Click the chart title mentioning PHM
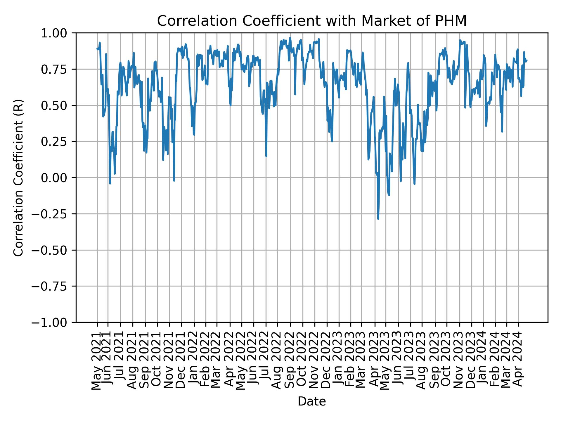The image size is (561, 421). pyautogui.click(x=312, y=21)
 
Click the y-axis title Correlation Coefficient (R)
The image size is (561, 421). pyautogui.click(x=18, y=177)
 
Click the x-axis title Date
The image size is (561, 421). pyautogui.click(x=312, y=401)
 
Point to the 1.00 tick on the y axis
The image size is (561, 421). pyautogui.click(x=58, y=33)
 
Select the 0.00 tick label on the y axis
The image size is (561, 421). pyautogui.click(x=58, y=178)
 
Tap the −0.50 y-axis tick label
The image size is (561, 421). pyautogui.click(x=53, y=250)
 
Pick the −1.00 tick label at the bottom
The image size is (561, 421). pyautogui.click(x=53, y=322)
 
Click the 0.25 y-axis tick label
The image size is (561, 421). pyautogui.click(x=58, y=142)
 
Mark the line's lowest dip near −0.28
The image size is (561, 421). pyautogui.click(x=378, y=218)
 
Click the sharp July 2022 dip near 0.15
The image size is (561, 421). pyautogui.click(x=266, y=156)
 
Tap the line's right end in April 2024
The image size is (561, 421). pyautogui.click(x=527, y=61)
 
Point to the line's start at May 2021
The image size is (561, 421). pyautogui.click(x=97, y=49)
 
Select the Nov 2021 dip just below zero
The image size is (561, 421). pyautogui.click(x=174, y=180)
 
